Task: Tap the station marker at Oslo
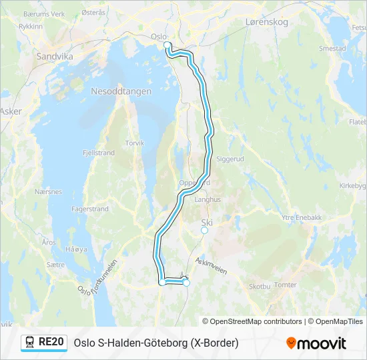[167, 45]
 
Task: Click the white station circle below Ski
[205, 231]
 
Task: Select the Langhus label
[207, 199]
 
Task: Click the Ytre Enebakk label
[303, 217]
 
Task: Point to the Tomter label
[286, 285]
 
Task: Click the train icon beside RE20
[30, 342]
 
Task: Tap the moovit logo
[316, 343]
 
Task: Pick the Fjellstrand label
[99, 153]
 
